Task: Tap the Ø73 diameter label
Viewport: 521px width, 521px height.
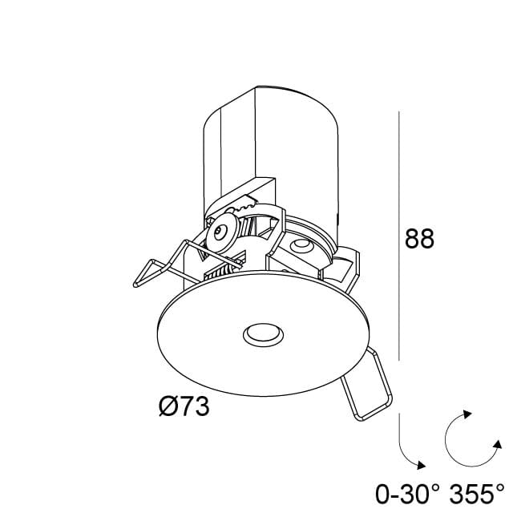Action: point(184,407)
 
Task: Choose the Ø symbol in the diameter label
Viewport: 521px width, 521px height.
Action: point(168,407)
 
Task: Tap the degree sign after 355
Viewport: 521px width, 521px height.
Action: point(501,483)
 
